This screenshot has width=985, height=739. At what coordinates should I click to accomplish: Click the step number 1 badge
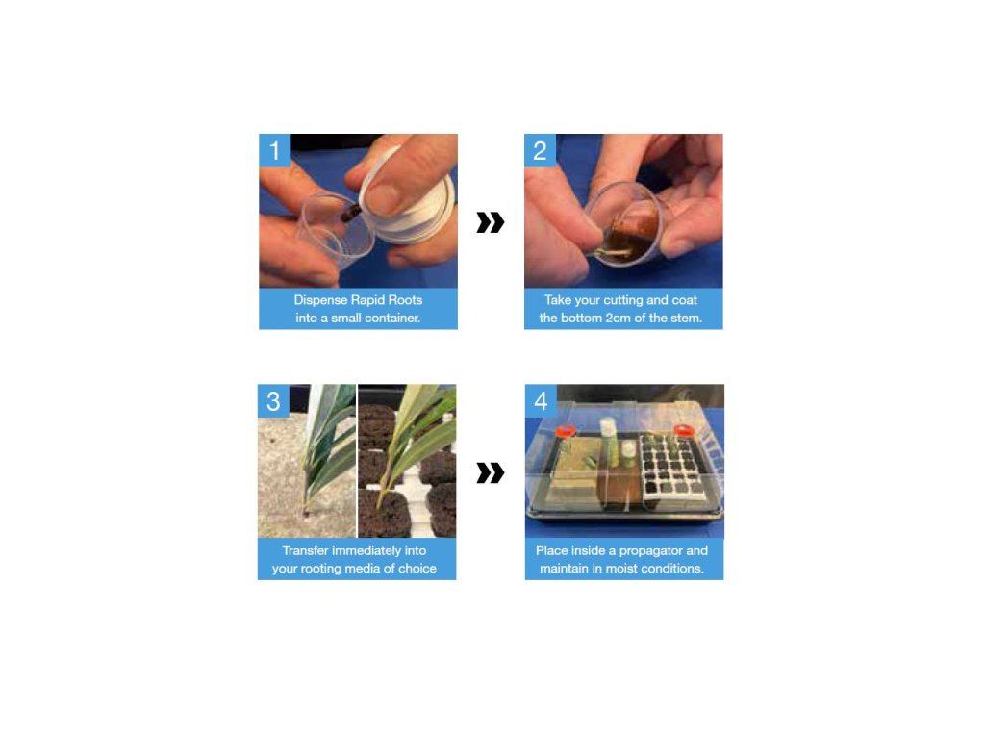point(274,150)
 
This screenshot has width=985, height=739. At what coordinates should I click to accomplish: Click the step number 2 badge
point(540,150)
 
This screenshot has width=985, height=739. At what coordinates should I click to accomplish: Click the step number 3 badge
point(273,401)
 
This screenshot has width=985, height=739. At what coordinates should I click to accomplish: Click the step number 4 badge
point(541,401)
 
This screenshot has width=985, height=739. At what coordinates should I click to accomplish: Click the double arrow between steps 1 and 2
point(490,222)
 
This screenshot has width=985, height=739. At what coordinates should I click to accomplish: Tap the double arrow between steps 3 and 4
point(490,473)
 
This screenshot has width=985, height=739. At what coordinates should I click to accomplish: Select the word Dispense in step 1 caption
point(320,300)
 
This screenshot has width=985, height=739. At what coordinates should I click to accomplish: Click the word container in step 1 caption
point(392,318)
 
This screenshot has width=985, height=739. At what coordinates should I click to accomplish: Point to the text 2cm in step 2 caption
point(618,318)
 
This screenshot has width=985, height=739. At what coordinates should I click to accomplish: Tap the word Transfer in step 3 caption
point(305,550)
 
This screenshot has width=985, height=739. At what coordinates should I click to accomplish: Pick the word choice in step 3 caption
point(417,569)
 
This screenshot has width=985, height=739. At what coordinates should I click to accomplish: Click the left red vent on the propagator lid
point(566,431)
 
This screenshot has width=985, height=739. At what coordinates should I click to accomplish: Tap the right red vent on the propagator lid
point(684,430)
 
